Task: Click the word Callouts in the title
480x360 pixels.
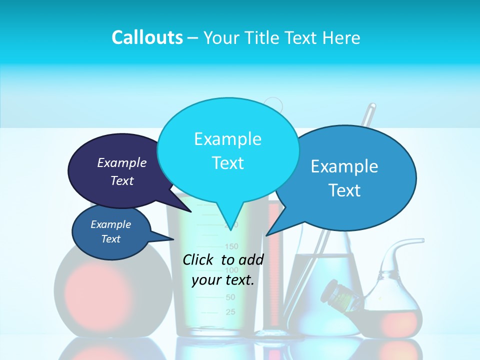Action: pos(147,37)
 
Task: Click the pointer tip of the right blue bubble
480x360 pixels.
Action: pos(266,235)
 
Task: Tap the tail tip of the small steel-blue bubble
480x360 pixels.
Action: pos(173,239)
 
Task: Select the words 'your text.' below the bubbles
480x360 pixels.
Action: pos(223,280)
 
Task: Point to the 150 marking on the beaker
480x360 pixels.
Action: pos(232,246)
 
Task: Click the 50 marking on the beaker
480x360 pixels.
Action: pos(230,297)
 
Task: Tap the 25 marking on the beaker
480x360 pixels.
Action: pos(230,312)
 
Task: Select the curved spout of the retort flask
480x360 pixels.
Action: pos(405,245)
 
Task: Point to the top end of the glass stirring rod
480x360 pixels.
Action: pos(372,106)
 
